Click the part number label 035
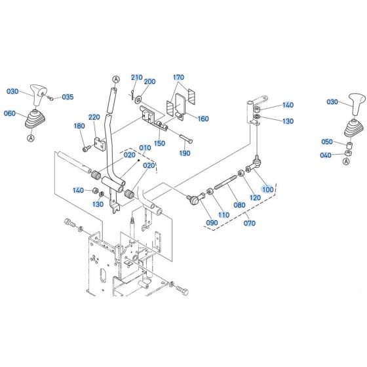tap(68, 97)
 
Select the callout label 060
tap(10, 113)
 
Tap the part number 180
tap(79, 126)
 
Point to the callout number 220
tap(94, 117)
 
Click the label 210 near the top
tap(136, 77)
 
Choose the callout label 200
tap(149, 81)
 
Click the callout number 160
tap(203, 119)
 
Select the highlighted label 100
tap(267, 189)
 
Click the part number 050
tap(328, 142)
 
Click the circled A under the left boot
tap(31, 138)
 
